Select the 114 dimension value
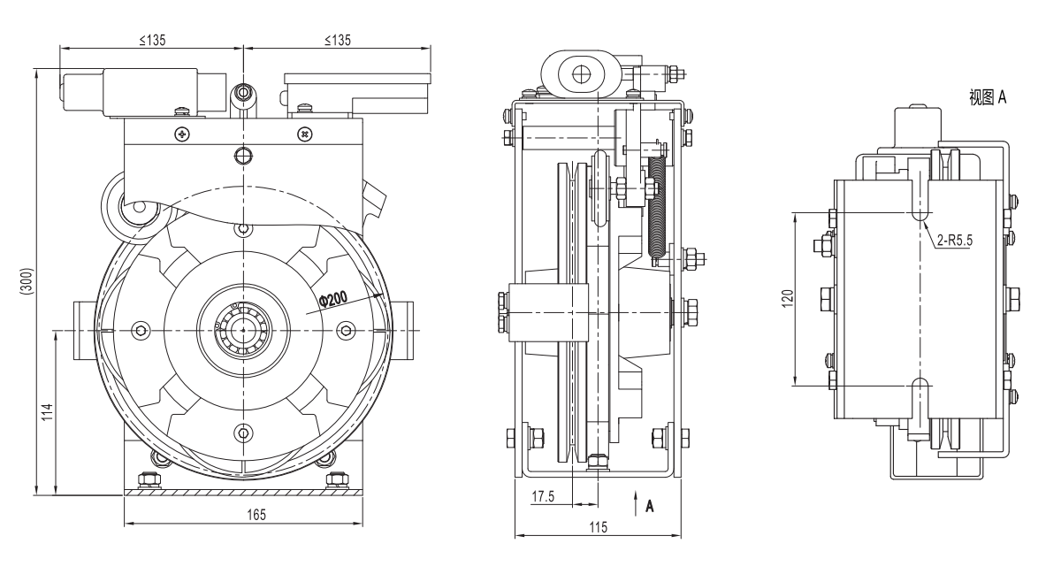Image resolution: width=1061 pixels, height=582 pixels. click(49, 412)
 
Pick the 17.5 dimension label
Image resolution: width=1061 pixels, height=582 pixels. click(542, 497)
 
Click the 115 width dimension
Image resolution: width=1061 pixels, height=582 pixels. click(598, 527)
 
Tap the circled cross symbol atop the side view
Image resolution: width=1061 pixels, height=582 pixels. click(579, 75)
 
